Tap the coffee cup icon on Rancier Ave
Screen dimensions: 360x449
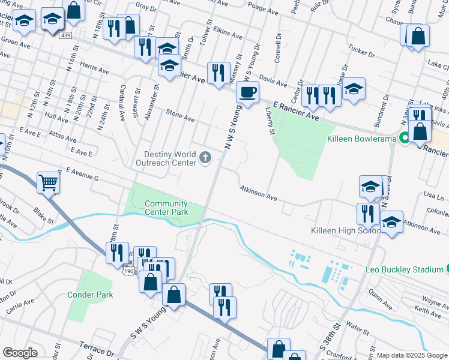tap(247, 92)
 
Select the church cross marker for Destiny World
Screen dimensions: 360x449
tap(205, 158)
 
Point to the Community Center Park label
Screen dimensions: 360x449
tap(166, 208)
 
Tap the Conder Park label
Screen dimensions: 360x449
tap(89, 295)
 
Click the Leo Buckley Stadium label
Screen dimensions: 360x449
tap(404, 269)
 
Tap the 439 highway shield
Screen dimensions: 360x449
tap(66, 36)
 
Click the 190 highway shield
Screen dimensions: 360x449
tap(128, 271)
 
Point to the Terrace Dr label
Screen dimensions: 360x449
tap(97, 349)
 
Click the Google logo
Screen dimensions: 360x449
tap(20, 353)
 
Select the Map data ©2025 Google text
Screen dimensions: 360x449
tap(411, 355)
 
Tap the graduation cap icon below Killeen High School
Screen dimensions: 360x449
tap(391, 223)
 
